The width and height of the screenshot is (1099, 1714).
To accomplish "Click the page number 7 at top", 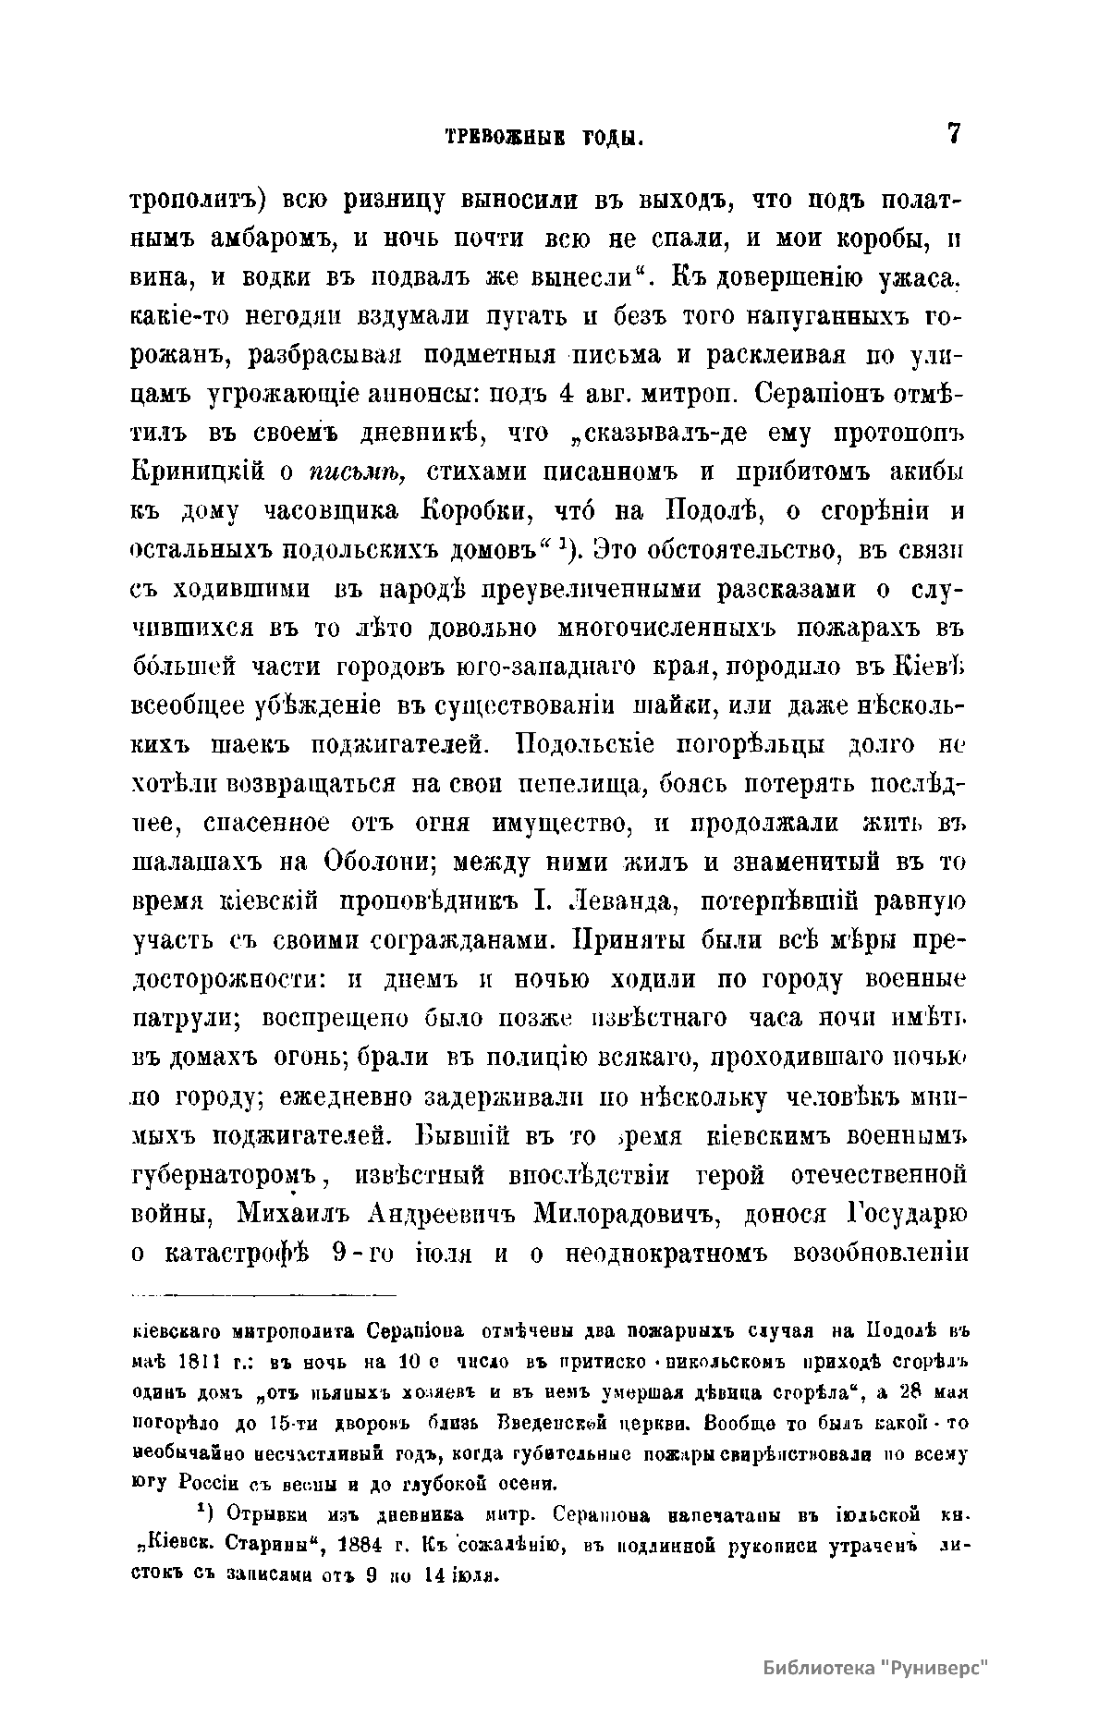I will click(x=953, y=134).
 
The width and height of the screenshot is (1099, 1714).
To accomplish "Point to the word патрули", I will click(x=185, y=1019).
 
